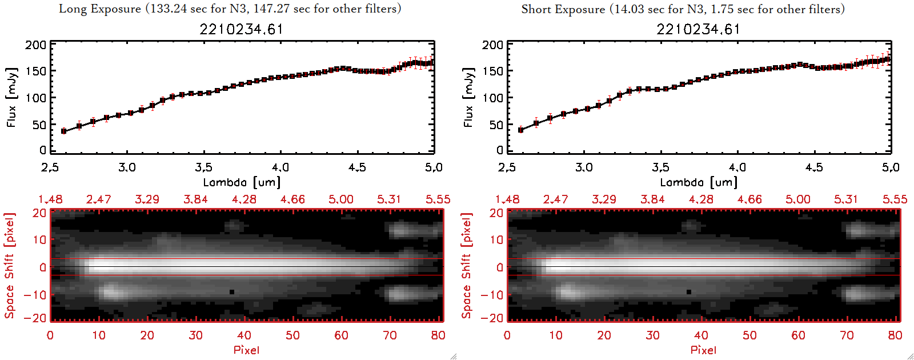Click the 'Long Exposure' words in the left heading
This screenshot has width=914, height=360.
click(100, 9)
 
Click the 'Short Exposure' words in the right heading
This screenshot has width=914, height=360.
click(563, 9)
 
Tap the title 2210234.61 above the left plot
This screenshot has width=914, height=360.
click(241, 29)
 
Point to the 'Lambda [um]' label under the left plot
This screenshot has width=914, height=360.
click(242, 182)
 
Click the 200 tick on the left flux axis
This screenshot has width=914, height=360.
click(35, 45)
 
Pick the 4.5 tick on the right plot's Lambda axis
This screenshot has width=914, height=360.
click(814, 167)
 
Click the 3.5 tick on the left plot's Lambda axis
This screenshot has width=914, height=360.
click(203, 167)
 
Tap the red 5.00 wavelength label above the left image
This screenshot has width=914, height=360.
click(341, 199)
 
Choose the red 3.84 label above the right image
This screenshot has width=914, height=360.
click(652, 199)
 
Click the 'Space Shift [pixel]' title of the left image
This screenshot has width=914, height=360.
click(10, 266)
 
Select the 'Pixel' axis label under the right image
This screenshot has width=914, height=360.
click(703, 350)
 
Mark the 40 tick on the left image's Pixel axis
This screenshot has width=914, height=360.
click(244, 335)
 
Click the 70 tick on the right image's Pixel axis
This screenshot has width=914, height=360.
click(847, 335)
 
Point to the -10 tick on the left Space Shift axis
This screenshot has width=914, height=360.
click(35, 295)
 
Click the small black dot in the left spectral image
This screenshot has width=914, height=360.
click(232, 292)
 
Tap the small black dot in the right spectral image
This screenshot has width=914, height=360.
click(689, 292)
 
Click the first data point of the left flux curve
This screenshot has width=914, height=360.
click(64, 131)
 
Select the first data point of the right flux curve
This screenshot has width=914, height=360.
click(520, 130)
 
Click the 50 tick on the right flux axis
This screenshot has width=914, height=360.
click(496, 125)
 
